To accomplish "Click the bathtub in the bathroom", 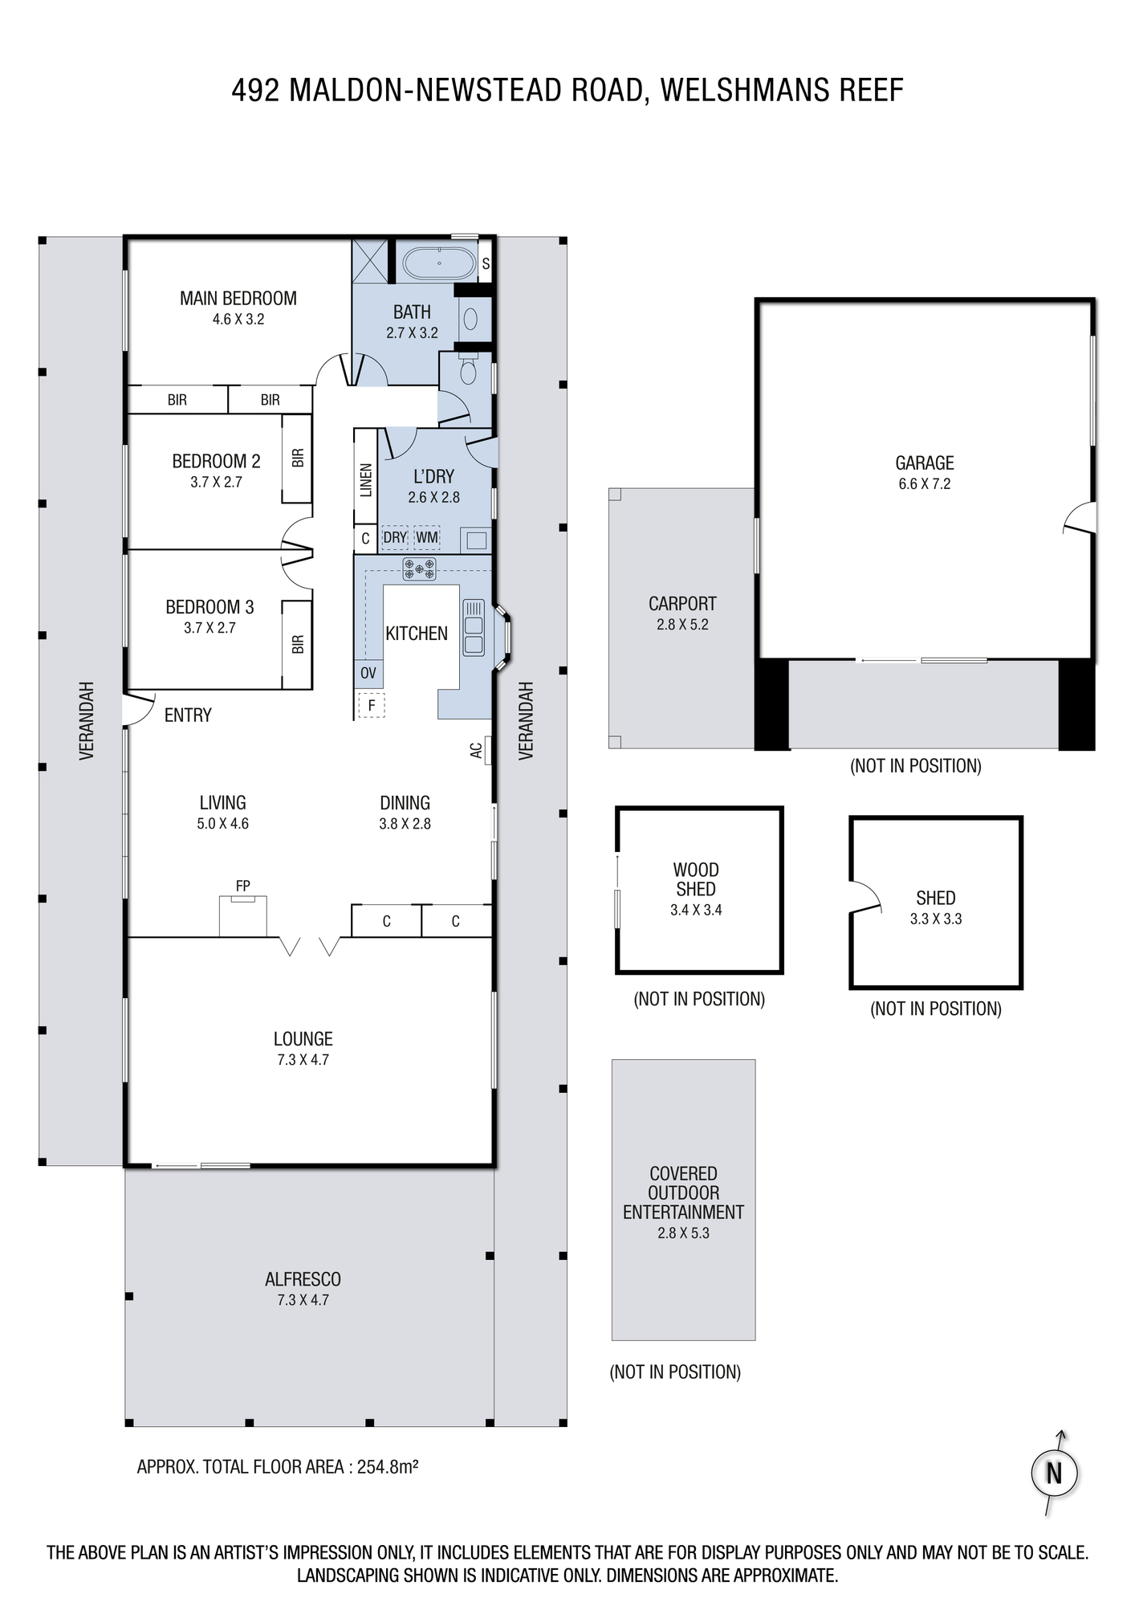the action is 439,263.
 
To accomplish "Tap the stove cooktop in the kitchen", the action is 419,569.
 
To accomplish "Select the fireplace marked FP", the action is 243,915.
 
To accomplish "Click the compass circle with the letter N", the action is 1054,1474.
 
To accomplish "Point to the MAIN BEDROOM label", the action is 238,299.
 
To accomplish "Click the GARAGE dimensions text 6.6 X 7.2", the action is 925,483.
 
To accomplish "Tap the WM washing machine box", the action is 427,538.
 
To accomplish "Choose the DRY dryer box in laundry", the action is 395,538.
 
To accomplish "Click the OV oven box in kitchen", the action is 368,673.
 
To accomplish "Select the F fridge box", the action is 371,705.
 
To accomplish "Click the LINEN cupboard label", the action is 366,480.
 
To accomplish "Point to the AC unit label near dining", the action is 476,750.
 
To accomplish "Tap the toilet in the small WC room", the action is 469,370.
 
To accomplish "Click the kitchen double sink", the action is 474,627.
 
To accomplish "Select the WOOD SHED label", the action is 696,879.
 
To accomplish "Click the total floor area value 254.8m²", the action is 388,1466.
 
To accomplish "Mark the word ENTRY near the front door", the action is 188,715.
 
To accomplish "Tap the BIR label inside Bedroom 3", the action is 298,644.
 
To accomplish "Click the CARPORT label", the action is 682,604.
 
